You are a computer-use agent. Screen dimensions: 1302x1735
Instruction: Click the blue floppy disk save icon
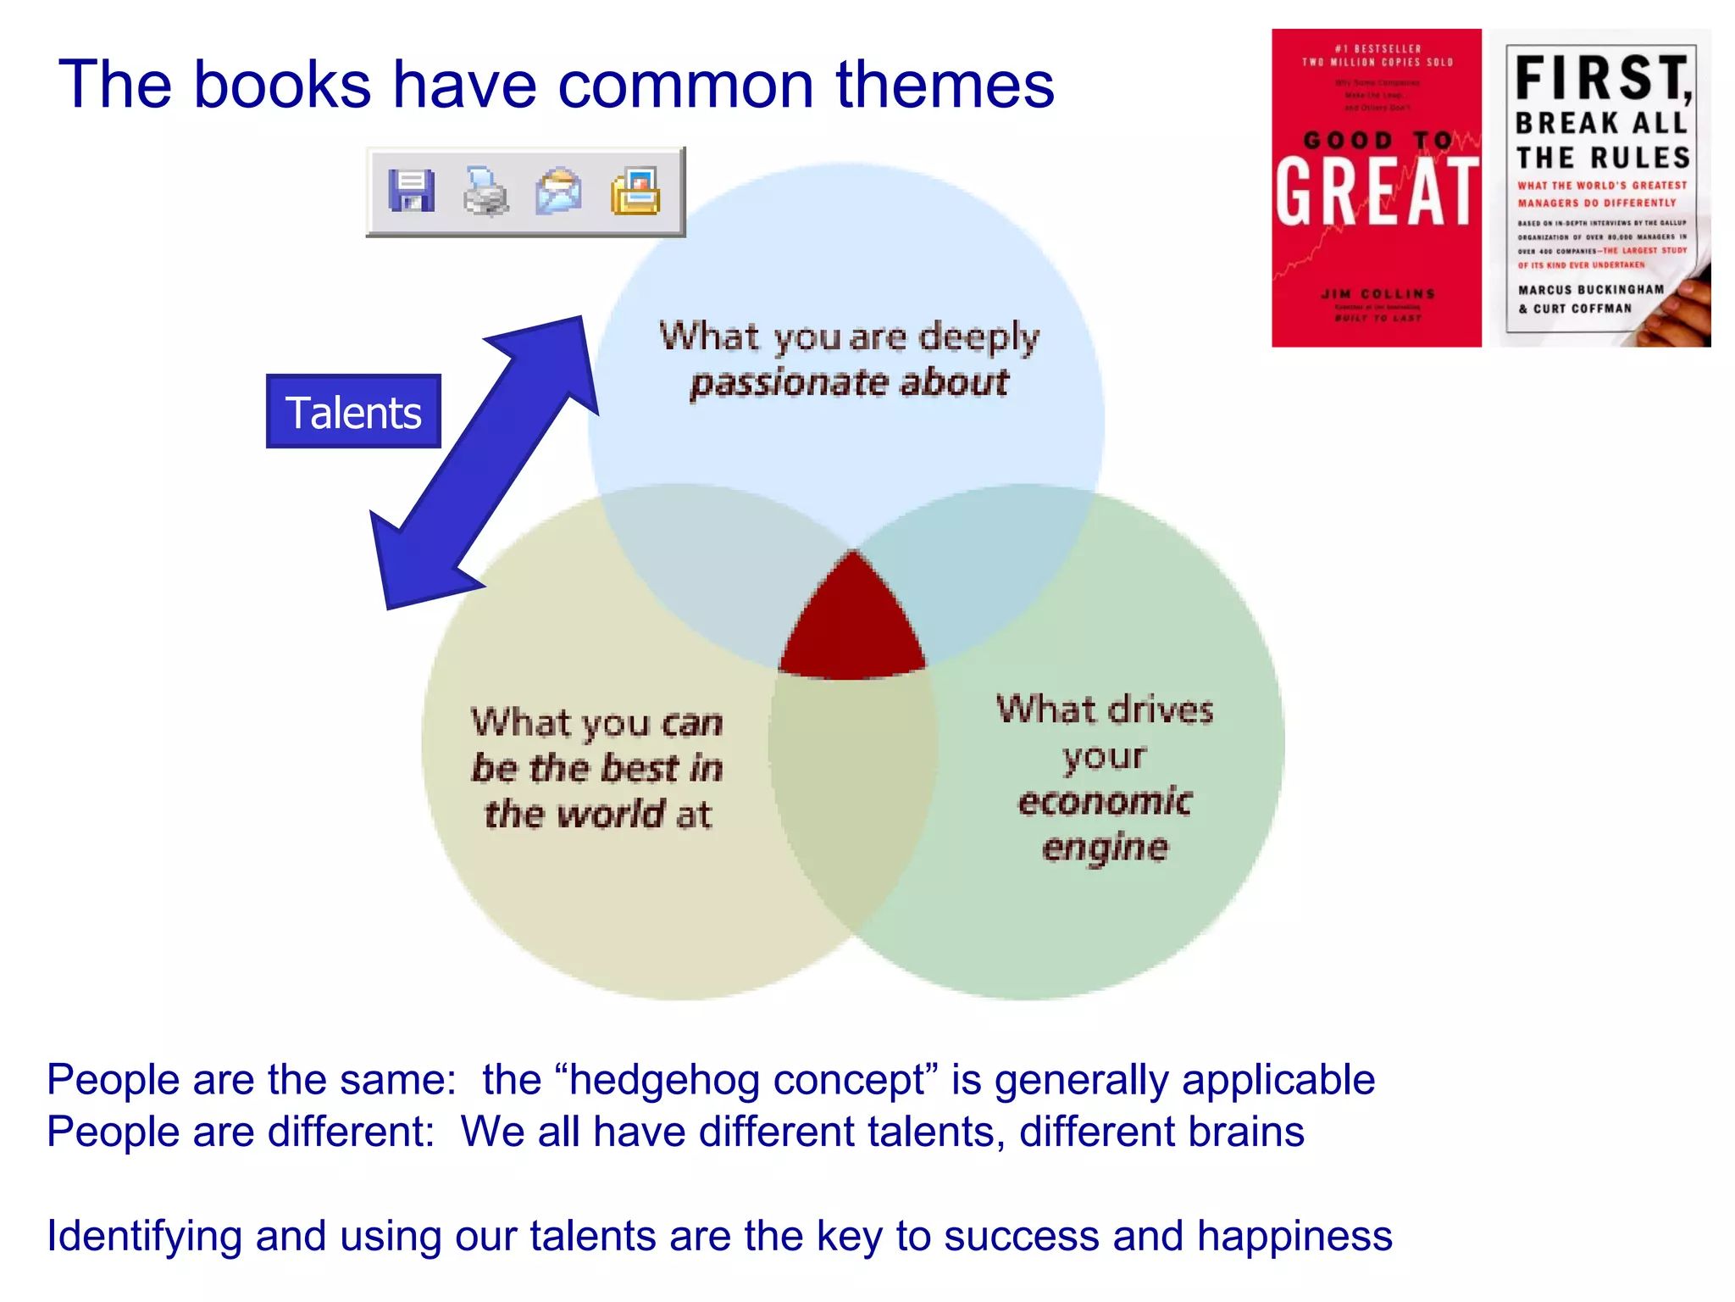412,191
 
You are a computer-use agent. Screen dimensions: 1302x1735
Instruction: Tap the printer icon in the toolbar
485,191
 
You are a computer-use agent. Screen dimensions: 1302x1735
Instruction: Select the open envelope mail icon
559,191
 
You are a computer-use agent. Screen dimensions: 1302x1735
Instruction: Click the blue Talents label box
353,412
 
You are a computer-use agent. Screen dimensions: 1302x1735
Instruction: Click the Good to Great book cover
1376,188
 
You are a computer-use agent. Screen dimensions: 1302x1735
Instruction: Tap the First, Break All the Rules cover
1600,188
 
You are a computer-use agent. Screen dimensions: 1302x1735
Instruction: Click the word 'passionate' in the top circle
789,383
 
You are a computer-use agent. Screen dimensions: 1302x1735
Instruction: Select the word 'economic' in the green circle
1105,802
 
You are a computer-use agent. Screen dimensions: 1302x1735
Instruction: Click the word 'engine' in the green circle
1105,848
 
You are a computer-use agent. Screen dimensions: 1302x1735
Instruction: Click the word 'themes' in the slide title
945,85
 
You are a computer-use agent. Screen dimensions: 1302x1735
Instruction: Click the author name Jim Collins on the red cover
1378,294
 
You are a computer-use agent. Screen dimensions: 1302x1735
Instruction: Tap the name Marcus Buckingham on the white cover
1591,290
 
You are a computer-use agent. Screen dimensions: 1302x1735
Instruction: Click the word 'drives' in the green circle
1161,710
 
